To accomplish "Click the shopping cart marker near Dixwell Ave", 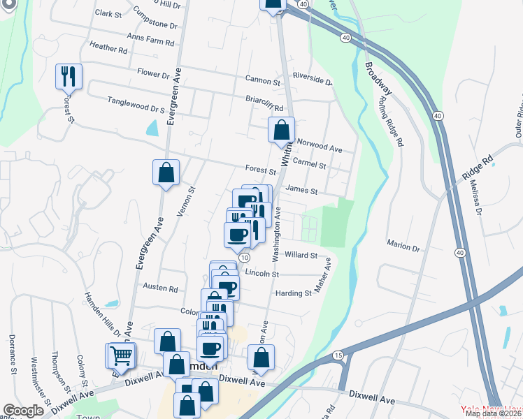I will [121, 355].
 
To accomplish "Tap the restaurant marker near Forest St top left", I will [69, 76].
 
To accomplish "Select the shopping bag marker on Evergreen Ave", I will [166, 172].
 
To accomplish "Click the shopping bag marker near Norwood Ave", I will [280, 130].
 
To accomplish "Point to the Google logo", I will [23, 411].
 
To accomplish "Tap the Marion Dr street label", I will [403, 247].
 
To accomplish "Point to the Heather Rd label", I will [108, 50].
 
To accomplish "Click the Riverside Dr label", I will [312, 80].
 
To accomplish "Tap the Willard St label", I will [301, 256].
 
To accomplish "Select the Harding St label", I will [293, 293].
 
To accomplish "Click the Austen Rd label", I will [160, 287].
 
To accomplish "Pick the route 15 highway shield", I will [338, 355].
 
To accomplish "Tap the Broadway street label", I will [378, 82].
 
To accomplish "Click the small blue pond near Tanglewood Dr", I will [152, 128].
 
